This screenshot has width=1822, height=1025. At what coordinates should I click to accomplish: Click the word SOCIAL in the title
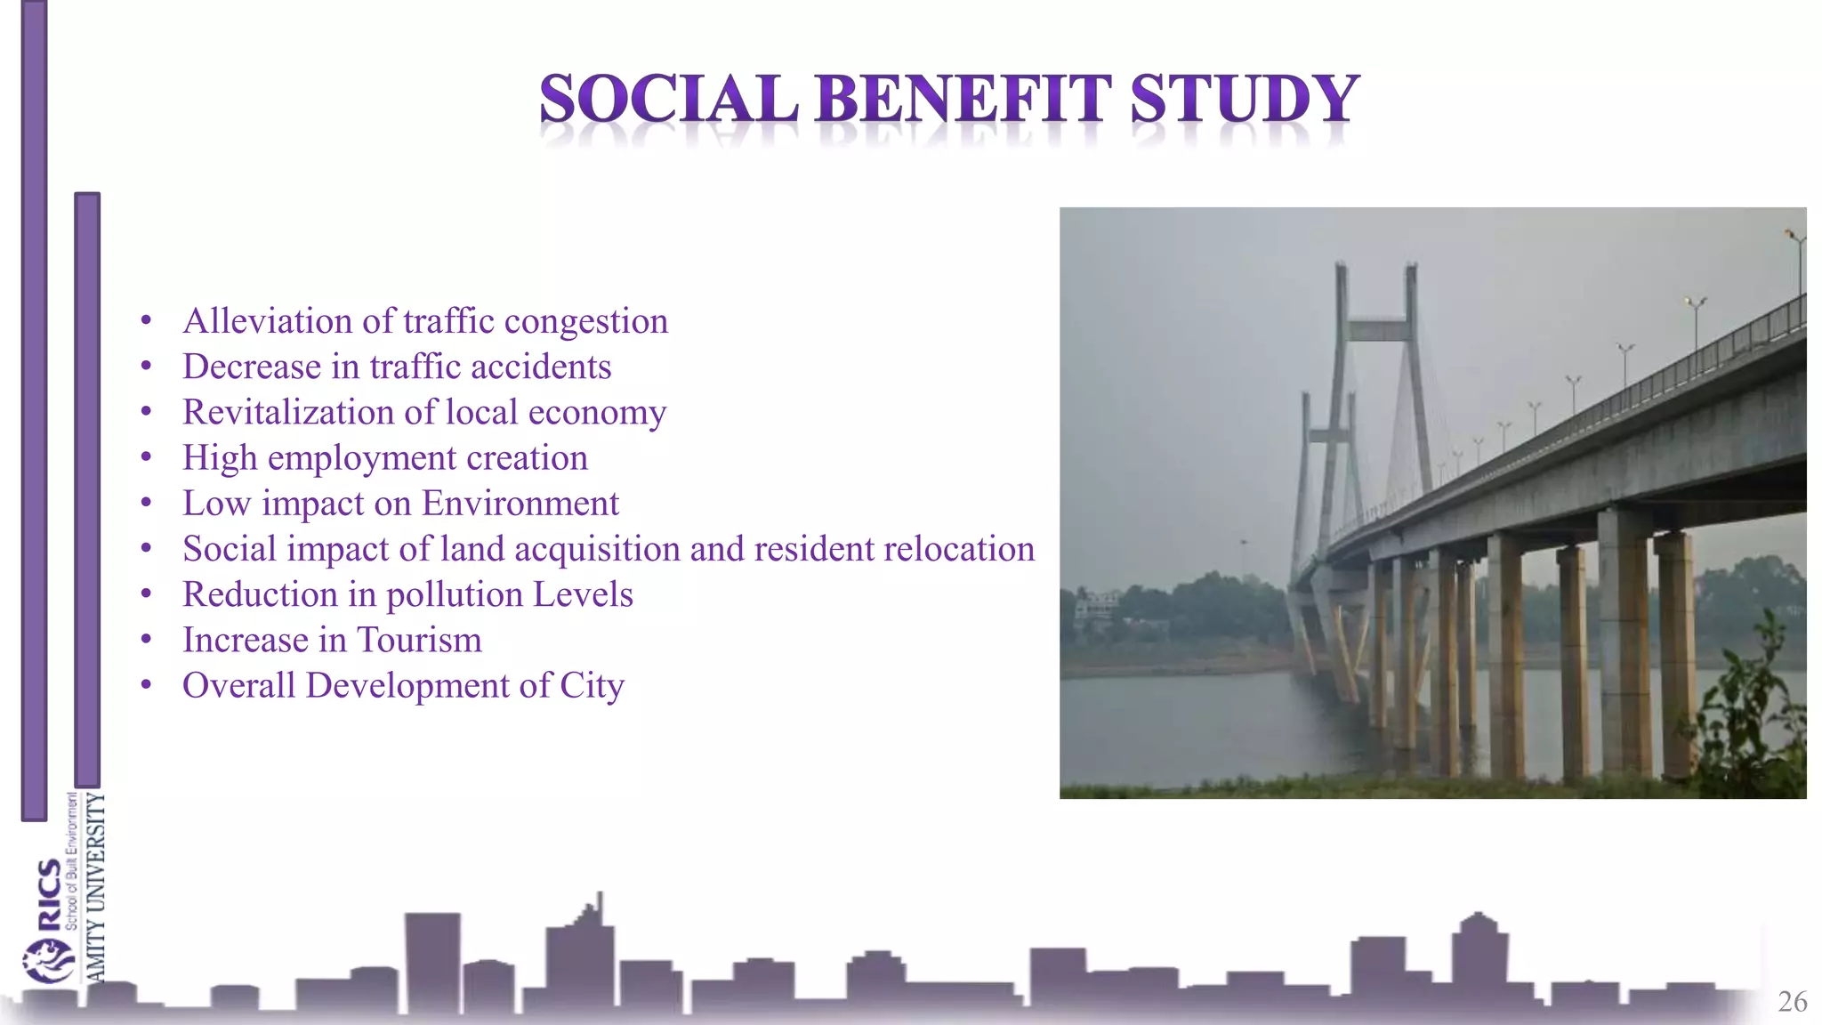coord(668,99)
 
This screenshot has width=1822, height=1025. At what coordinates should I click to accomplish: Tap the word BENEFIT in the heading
coord(963,99)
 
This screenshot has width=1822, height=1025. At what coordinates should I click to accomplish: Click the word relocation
coord(958,549)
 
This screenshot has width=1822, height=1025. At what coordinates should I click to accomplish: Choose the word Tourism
coord(419,640)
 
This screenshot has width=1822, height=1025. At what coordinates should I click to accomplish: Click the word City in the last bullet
coord(592,686)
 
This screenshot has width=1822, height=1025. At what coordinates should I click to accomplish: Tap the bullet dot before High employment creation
coord(147,457)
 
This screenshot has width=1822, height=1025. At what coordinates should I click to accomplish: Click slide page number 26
coord(1792,1002)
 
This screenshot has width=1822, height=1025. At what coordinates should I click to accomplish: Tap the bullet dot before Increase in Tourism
coord(147,640)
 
